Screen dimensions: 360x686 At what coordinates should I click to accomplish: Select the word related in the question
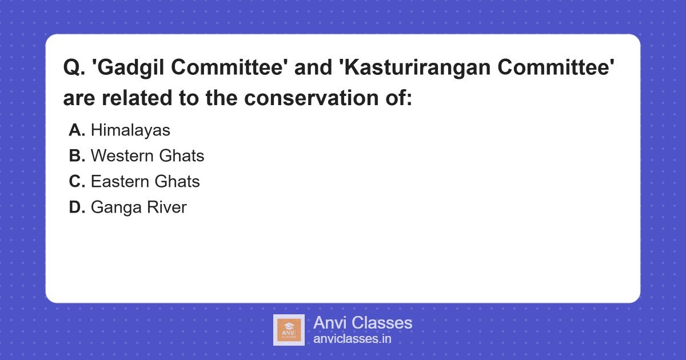click(137, 98)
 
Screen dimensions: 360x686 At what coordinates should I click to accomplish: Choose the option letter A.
click(77, 130)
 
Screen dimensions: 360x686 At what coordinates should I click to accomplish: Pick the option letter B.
click(77, 156)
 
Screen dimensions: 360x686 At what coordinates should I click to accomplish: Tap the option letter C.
click(77, 182)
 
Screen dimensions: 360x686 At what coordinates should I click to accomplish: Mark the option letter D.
click(77, 207)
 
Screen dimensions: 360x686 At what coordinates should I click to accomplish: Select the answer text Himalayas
click(130, 130)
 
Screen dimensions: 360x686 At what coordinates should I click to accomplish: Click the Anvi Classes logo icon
click(289, 330)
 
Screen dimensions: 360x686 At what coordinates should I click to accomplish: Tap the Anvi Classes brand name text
click(362, 323)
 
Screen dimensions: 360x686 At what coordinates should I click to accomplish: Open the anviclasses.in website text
click(352, 339)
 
